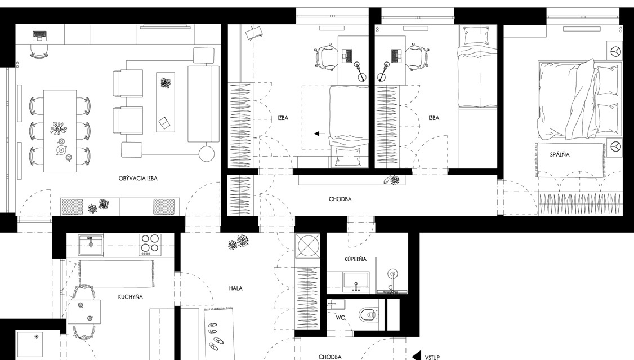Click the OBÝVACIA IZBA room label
pos(138,179)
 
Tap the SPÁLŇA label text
pos(560,154)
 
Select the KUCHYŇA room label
pos(130,297)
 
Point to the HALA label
pos(236,288)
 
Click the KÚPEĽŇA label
pos(355,259)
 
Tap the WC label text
pos(341,318)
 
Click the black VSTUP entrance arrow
pos(417,356)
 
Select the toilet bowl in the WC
pos(368,314)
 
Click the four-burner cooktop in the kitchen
pos(150,245)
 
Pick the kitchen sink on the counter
pos(91,244)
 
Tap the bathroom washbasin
pos(356,282)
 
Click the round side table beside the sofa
pos(207,153)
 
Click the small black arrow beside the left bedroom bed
pos(319,133)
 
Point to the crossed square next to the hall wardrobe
pos(307,246)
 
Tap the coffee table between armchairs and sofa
pos(166,102)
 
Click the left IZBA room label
pos(283,118)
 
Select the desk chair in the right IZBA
pos(415,56)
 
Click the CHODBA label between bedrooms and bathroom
pos(340,199)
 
